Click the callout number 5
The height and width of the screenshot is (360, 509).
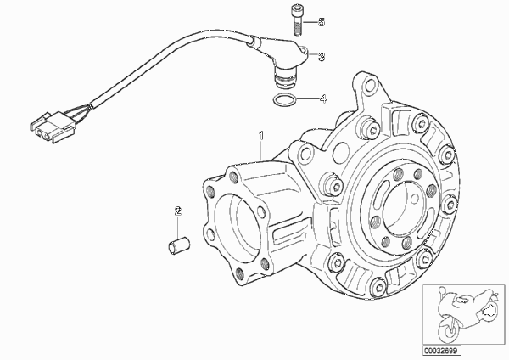[322, 22]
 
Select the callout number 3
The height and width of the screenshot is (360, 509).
[322, 57]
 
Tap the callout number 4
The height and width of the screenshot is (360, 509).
[322, 98]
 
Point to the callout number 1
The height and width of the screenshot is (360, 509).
[260, 136]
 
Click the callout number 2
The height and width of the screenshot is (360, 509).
[177, 211]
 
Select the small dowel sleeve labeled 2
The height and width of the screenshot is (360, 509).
[178, 245]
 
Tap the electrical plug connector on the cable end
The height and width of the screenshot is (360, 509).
[53, 127]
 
